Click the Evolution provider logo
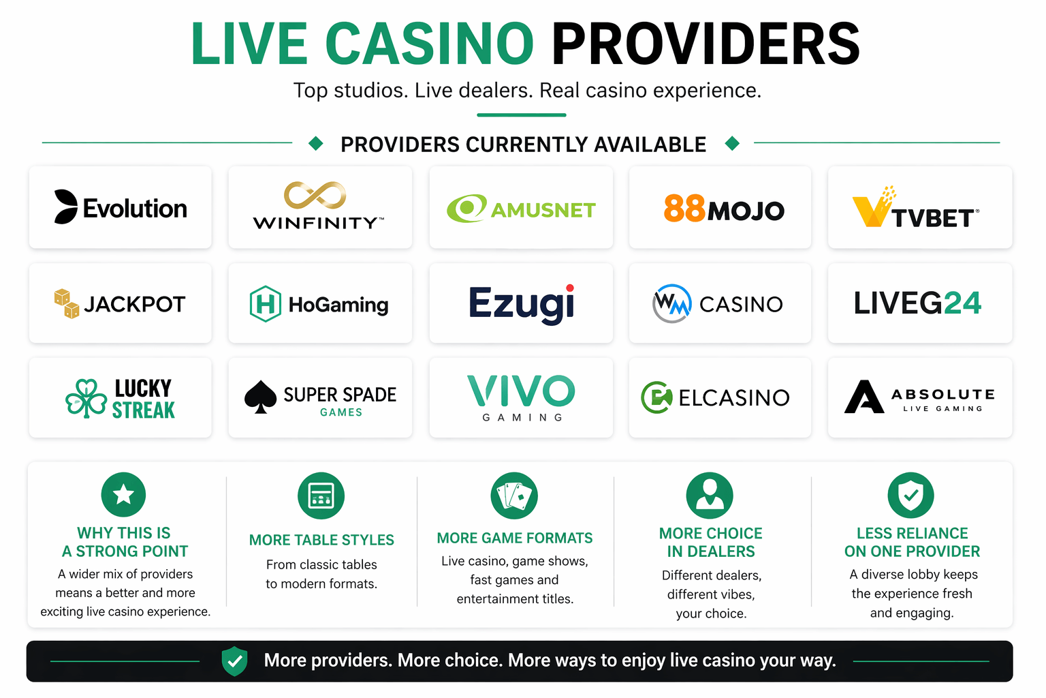tap(121, 207)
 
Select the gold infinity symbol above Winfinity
tap(315, 195)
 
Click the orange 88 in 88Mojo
tap(684, 209)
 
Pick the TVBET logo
tap(916, 209)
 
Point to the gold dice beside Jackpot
tap(67, 303)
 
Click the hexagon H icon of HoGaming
tap(266, 304)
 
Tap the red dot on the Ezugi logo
tap(570, 288)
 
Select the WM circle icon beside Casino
tap(672, 303)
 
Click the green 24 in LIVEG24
tap(962, 303)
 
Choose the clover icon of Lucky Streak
tap(86, 398)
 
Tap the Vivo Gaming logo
tap(521, 397)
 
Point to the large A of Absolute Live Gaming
tap(863, 397)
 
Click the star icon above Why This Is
tap(123, 494)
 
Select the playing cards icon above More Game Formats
tap(514, 496)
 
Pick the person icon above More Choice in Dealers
tap(710, 495)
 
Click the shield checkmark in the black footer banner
tap(234, 661)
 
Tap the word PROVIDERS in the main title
tap(706, 44)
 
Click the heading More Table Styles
tap(321, 540)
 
